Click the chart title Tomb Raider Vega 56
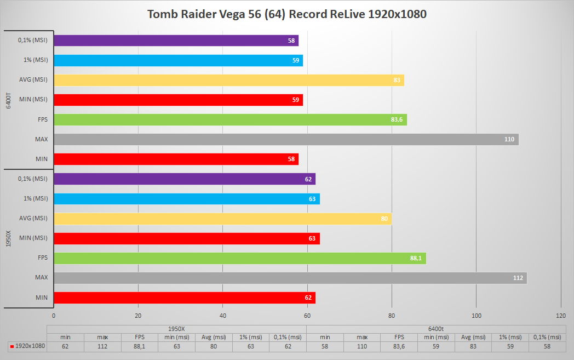click(x=286, y=14)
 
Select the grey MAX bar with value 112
click(x=290, y=278)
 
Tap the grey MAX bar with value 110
click(x=286, y=139)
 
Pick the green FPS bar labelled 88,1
click(x=240, y=258)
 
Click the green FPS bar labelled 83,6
click(x=230, y=119)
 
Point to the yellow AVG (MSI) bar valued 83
click(x=229, y=80)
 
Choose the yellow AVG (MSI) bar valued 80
click(x=222, y=219)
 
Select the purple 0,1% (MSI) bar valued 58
click(x=176, y=41)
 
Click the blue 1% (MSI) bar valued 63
click(x=186, y=199)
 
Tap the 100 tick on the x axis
click(x=477, y=316)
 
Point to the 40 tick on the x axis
click(x=223, y=316)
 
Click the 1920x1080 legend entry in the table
click(x=27, y=346)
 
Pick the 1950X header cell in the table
click(x=176, y=328)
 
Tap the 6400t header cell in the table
click(x=435, y=328)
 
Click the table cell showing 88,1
click(x=139, y=346)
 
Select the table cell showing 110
click(x=361, y=346)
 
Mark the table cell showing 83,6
click(x=399, y=346)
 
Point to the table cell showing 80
click(x=214, y=346)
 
